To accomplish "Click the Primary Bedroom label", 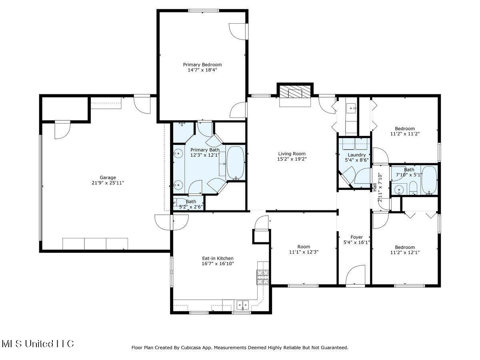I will [x=202, y=64].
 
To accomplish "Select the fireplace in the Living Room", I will [x=295, y=93].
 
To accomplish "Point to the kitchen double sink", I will [x=242, y=306].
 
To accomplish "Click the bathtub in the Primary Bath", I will [x=235, y=163].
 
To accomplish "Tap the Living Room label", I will [x=292, y=154].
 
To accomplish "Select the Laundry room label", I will [x=356, y=155].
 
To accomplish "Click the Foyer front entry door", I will [x=355, y=276].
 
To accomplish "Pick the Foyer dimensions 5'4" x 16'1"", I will [x=356, y=242].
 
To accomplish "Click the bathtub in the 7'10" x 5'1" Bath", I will [x=429, y=180].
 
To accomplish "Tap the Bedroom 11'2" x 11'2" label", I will [x=405, y=129].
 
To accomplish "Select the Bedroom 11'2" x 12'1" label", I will [x=405, y=247].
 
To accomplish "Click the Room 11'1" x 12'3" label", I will [x=304, y=247].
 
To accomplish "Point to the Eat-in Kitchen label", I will [x=218, y=258].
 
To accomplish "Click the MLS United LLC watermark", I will [x=38, y=344].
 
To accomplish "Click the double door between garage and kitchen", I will [x=172, y=222].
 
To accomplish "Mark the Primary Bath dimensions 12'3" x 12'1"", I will [x=205, y=155].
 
